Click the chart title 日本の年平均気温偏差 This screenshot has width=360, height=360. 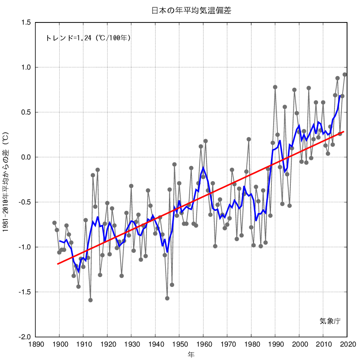pos(191,11)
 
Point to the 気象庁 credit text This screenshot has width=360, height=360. pos(330,321)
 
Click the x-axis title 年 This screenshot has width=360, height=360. pos(191,354)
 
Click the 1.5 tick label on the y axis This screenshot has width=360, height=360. pos(25,22)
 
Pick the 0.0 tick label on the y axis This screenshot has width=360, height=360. pos(25,157)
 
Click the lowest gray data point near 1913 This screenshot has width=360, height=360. pos(90,300)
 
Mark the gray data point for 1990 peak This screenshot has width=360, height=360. pos(275,87)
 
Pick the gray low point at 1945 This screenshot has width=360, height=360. pos(167,298)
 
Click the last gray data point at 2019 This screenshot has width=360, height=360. pos(345,74)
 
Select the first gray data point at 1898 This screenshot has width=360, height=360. pos(54,223)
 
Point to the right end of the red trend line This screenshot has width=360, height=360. pos(344,131)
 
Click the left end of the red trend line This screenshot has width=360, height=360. pos(57,264)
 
